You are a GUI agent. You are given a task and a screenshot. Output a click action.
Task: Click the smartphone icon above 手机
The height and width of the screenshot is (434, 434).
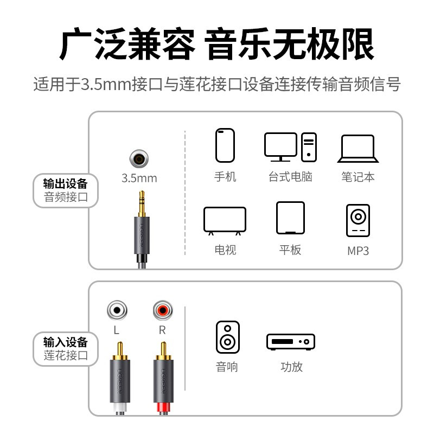pyautogui.click(x=225, y=145)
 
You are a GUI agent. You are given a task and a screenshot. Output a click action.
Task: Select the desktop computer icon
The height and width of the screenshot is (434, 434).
pyautogui.click(x=290, y=147)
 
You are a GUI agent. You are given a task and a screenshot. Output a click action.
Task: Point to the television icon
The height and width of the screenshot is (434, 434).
pyautogui.click(x=225, y=221)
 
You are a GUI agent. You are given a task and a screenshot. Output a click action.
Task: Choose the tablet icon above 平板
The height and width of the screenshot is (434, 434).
pyautogui.click(x=290, y=218)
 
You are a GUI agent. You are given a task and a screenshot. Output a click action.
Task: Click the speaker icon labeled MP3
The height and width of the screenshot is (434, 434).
pyautogui.click(x=358, y=220)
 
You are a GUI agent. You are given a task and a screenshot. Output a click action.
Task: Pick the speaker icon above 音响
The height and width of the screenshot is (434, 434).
pyautogui.click(x=227, y=337)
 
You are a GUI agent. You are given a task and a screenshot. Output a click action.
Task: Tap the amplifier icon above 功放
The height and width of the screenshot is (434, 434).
pyautogui.click(x=291, y=341)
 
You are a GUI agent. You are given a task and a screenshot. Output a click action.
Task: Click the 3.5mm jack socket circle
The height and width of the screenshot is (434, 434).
pyautogui.click(x=139, y=159)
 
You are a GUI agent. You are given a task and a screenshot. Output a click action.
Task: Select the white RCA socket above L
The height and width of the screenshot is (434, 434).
pyautogui.click(x=117, y=311)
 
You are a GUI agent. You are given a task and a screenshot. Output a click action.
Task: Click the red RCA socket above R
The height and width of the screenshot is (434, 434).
pyautogui.click(x=162, y=311)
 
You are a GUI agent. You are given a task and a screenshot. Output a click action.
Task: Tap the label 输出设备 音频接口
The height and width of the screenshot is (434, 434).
pyautogui.click(x=66, y=190)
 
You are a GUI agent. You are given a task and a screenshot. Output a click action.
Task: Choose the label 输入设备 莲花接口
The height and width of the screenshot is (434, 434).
pyautogui.click(x=66, y=349)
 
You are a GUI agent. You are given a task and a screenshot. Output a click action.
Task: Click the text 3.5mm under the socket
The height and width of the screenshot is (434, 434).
pyautogui.click(x=139, y=178)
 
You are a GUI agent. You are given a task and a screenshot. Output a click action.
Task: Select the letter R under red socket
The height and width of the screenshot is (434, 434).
pyautogui.click(x=162, y=329)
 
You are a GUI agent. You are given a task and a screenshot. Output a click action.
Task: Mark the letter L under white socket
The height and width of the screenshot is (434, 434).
pyautogui.click(x=117, y=329)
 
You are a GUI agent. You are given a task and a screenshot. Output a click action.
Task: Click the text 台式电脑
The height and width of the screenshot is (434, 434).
pyautogui.click(x=290, y=177)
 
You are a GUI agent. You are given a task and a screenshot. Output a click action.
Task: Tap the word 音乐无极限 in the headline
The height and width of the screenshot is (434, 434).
pyautogui.click(x=290, y=45)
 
